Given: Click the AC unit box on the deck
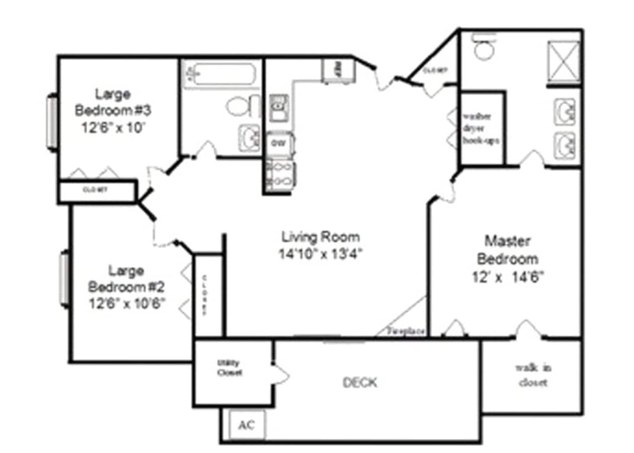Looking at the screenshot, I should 247,424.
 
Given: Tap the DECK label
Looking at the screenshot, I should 360,383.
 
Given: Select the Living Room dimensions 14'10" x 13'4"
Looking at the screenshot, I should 321,254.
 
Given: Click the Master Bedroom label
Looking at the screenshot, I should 507,250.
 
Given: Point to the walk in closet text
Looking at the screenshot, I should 533,375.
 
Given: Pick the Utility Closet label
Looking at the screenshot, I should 229,368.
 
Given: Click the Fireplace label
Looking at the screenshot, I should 407,332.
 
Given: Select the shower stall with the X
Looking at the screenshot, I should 564,61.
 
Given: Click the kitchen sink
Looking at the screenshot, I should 278,107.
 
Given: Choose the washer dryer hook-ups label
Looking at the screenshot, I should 481,128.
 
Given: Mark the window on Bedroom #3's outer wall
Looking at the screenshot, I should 52,122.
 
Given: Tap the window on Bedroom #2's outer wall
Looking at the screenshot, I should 64,278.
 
